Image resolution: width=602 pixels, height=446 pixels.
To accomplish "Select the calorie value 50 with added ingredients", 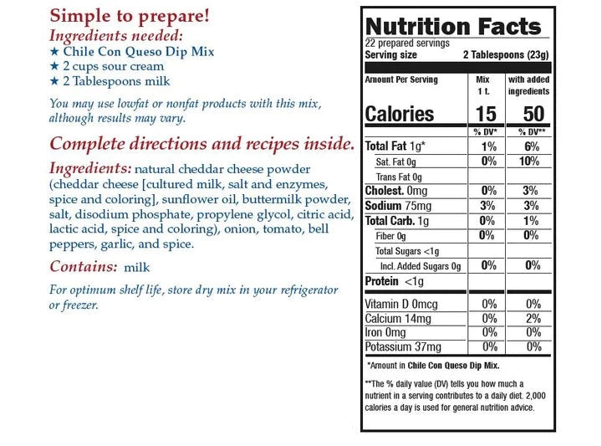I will click(x=532, y=114).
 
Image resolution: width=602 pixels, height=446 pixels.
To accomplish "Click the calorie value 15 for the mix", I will click(x=485, y=114).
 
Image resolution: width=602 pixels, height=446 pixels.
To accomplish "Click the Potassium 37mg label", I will click(x=403, y=346).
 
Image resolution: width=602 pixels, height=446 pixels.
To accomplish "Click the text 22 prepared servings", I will click(x=407, y=44).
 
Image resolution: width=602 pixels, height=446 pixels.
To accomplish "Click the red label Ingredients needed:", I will click(x=116, y=35).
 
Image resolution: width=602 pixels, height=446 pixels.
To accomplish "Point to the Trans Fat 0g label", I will click(x=399, y=177).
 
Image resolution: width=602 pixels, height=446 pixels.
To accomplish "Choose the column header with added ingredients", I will click(x=528, y=85).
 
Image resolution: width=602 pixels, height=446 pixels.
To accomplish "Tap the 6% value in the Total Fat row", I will click(x=533, y=146).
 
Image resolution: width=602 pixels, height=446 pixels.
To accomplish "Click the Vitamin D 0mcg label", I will click(x=401, y=304).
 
